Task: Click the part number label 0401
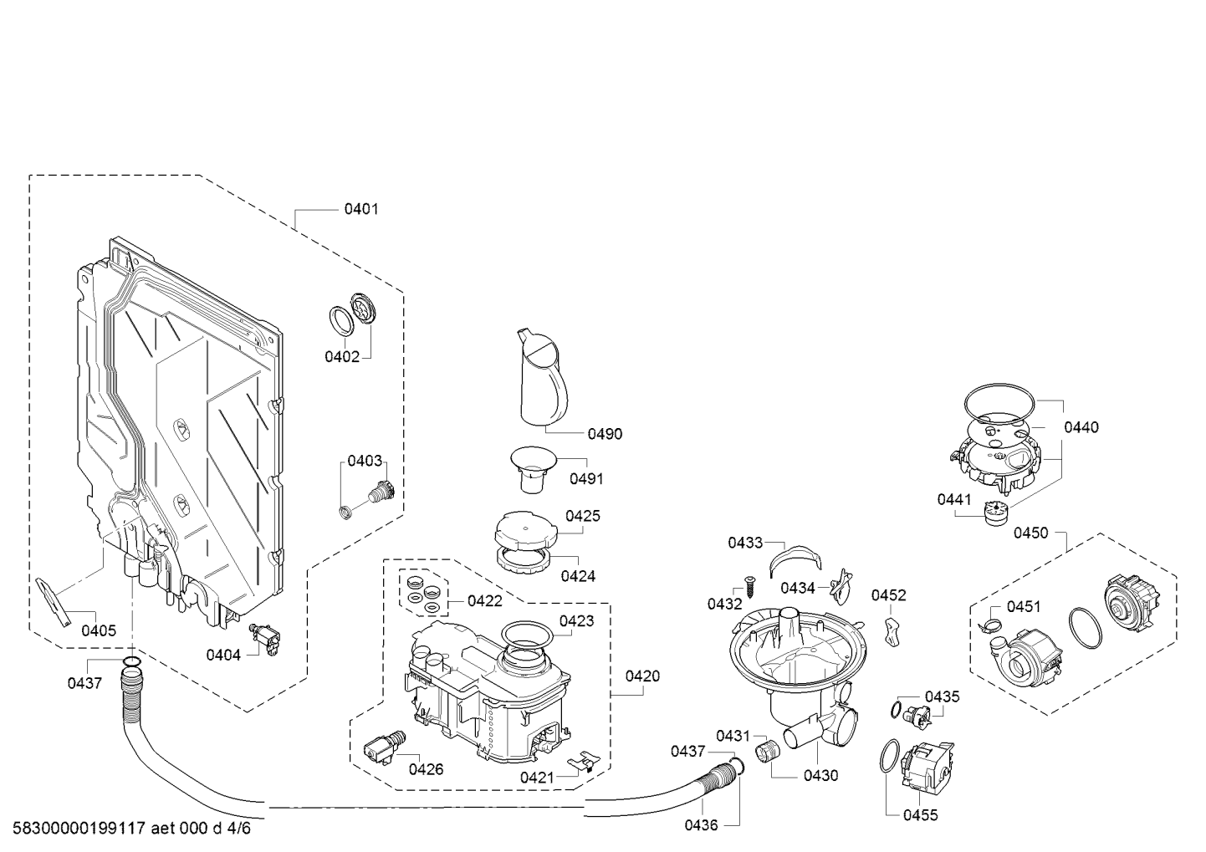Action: coord(361,209)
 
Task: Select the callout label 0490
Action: coord(605,434)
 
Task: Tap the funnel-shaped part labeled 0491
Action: coord(533,468)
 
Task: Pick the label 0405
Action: coord(99,630)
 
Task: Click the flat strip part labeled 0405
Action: coord(53,602)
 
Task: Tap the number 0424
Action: coord(578,576)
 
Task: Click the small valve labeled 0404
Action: coord(264,639)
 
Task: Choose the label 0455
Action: coord(920,815)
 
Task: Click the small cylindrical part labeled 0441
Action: coord(995,513)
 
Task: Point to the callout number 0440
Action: coord(1081,427)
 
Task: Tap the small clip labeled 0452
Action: coord(892,632)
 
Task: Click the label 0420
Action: coord(642,676)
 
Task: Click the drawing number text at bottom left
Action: coord(131,828)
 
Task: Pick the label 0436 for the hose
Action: coord(701,825)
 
